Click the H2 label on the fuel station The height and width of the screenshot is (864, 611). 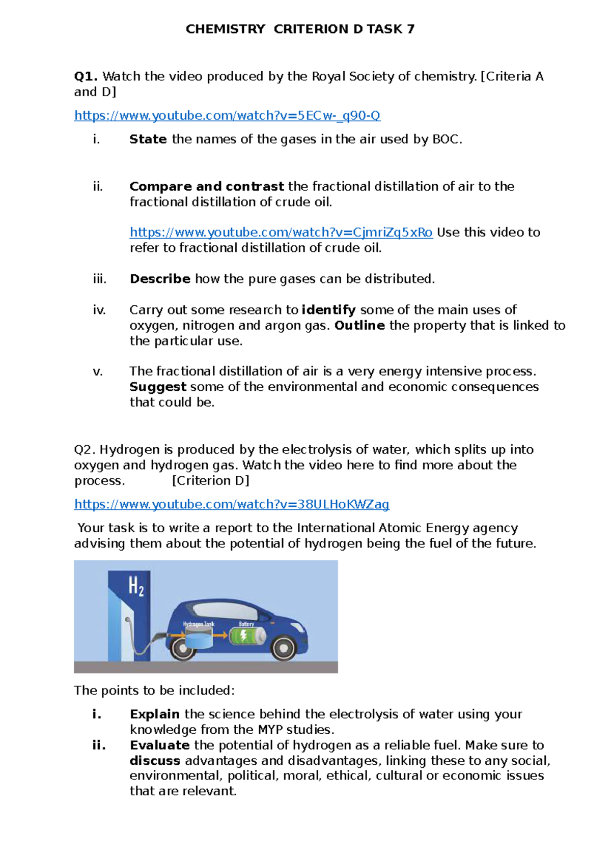pos(136,586)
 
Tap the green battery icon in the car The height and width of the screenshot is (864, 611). pos(247,636)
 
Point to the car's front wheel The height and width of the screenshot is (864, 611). pos(282,648)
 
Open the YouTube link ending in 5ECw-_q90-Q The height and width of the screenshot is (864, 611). pos(227,116)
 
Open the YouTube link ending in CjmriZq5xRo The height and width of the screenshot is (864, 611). pos(281,232)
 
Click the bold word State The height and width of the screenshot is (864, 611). pos(148,139)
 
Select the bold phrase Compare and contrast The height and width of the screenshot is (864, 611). pos(206,186)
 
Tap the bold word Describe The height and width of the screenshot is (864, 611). pos(160,279)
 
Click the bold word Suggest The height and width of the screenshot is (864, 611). pos(158,387)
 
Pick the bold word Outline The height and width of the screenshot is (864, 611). pos(359,325)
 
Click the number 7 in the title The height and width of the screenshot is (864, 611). pos(410,29)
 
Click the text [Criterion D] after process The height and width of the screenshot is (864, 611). pos(210,480)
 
